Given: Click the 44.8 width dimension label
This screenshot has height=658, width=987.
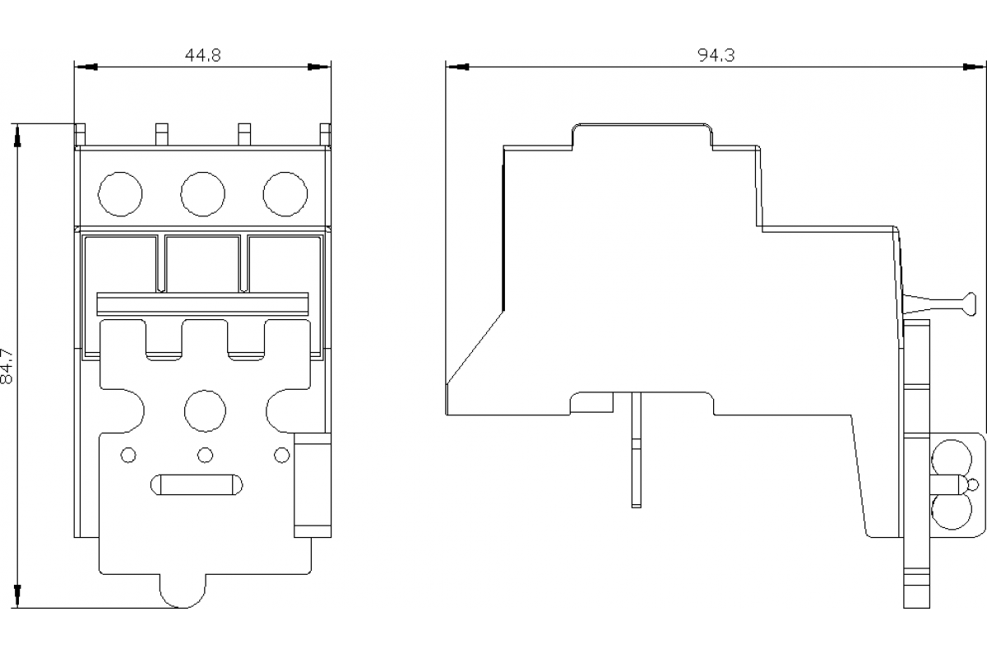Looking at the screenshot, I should click(202, 55).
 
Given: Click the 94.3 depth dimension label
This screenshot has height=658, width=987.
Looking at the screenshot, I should click(716, 55).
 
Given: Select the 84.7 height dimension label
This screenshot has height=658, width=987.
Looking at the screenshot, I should click(9, 365).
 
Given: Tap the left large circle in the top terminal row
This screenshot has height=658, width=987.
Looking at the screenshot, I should click(120, 193).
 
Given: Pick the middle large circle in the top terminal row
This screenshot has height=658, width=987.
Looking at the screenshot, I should click(202, 193).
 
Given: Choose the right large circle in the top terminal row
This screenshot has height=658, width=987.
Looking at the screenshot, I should click(285, 193).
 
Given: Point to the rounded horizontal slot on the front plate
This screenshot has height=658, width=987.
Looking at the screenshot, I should click(197, 484).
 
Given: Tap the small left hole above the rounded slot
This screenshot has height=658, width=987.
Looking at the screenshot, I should click(128, 454).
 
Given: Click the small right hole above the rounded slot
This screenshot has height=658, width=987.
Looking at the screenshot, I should click(282, 454).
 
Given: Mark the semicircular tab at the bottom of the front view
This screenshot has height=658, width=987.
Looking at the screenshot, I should click(182, 590).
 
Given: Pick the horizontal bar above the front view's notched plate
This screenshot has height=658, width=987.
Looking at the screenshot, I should click(202, 303).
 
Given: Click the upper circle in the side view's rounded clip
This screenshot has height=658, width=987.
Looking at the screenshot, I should click(952, 456).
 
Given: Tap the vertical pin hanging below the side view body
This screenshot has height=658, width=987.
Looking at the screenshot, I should click(635, 448).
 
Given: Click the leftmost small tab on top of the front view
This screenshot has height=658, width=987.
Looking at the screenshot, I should click(81, 134).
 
